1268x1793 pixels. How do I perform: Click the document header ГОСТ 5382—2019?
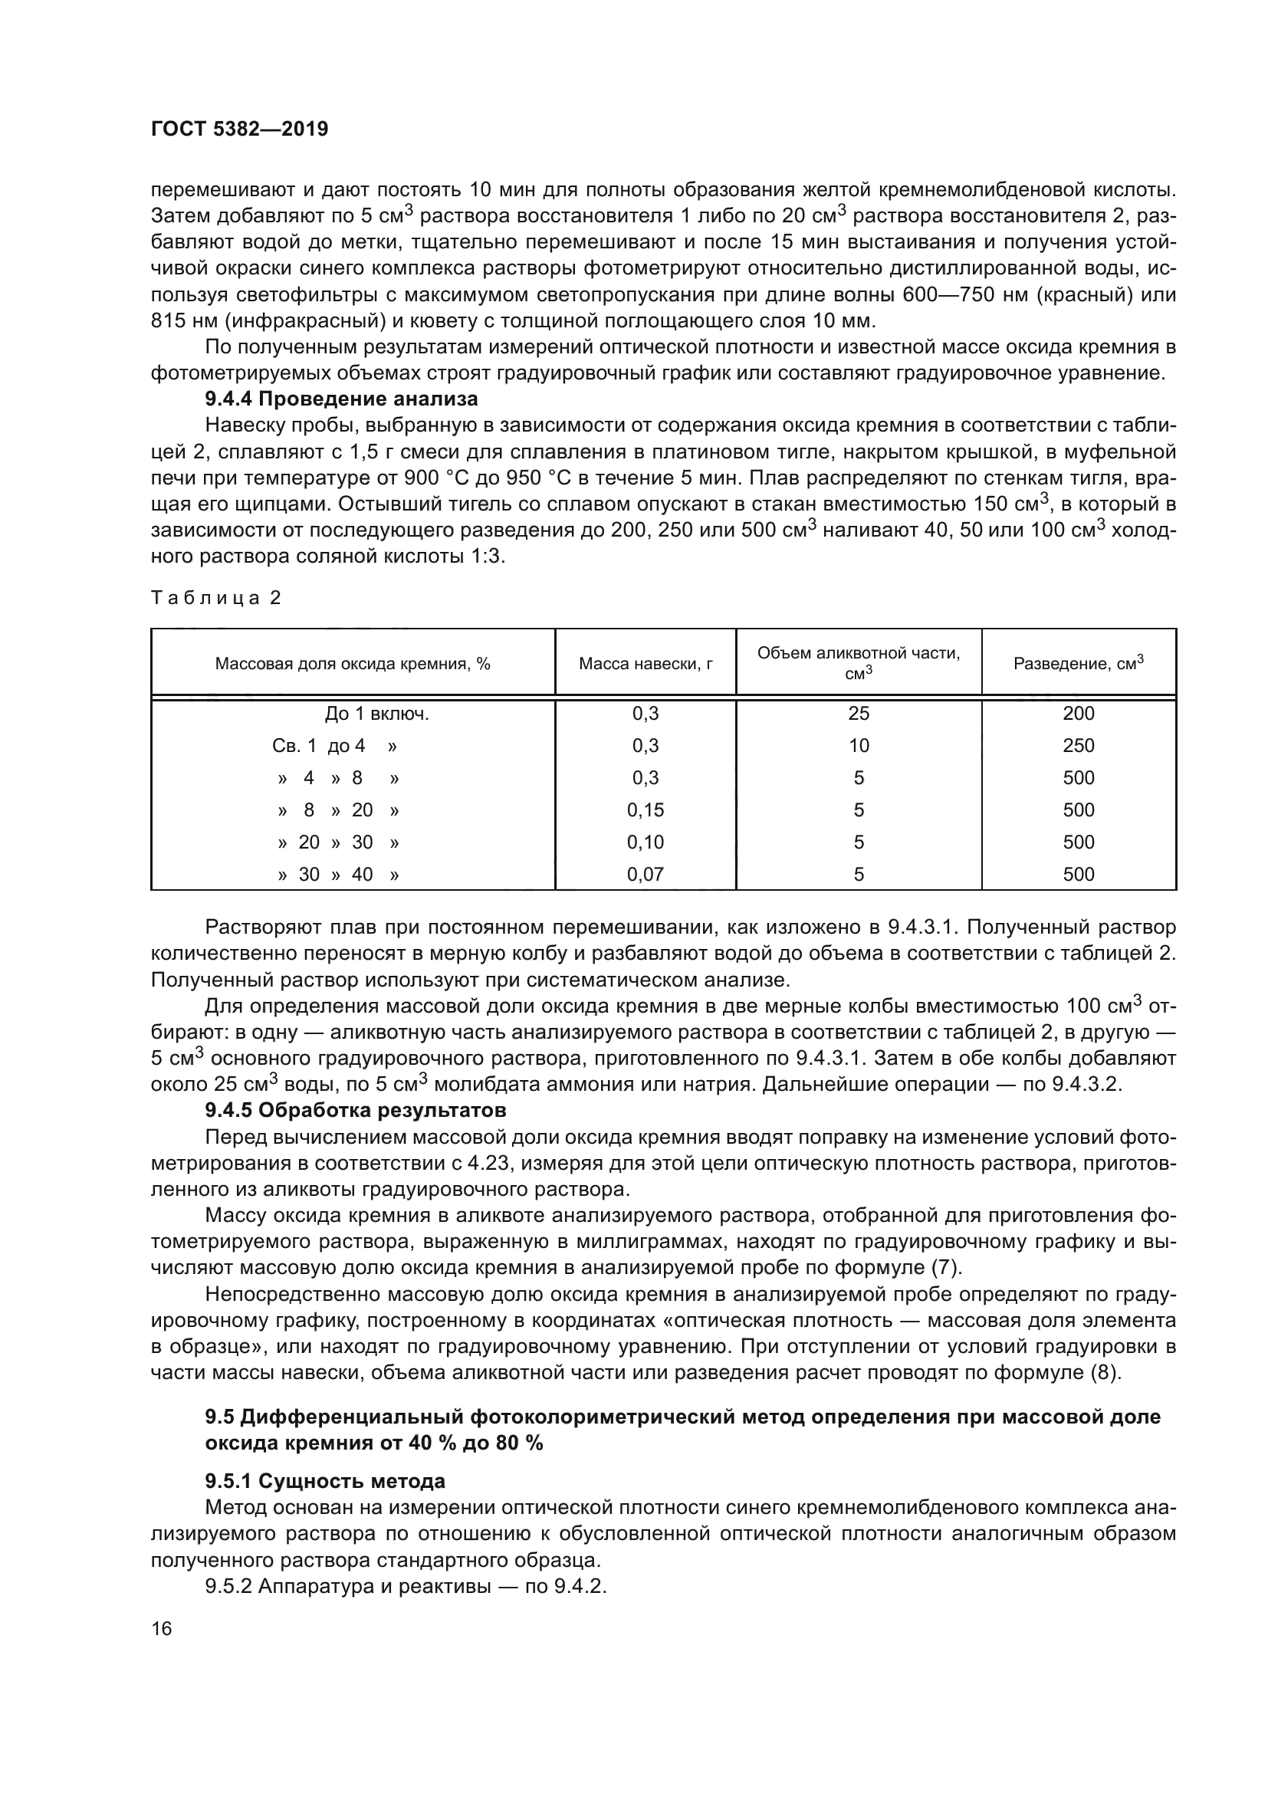[239, 130]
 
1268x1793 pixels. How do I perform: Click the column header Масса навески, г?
[645, 664]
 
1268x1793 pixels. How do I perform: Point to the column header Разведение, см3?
[1079, 664]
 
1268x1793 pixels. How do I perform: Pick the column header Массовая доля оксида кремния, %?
[352, 664]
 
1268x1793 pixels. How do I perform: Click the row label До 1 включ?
[377, 713]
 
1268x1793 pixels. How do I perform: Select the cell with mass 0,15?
[645, 809]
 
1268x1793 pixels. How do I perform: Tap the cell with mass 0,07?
[645, 874]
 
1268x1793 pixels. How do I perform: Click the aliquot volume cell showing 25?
[859, 713]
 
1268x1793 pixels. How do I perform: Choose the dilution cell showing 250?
[1079, 746]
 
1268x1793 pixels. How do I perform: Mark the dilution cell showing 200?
[1079, 713]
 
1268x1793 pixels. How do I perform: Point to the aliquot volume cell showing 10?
[859, 746]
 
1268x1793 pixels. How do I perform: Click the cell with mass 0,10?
[645, 842]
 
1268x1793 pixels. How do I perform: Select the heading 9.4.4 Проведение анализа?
[341, 399]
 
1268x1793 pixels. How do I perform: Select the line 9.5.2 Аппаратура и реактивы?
[406, 1586]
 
